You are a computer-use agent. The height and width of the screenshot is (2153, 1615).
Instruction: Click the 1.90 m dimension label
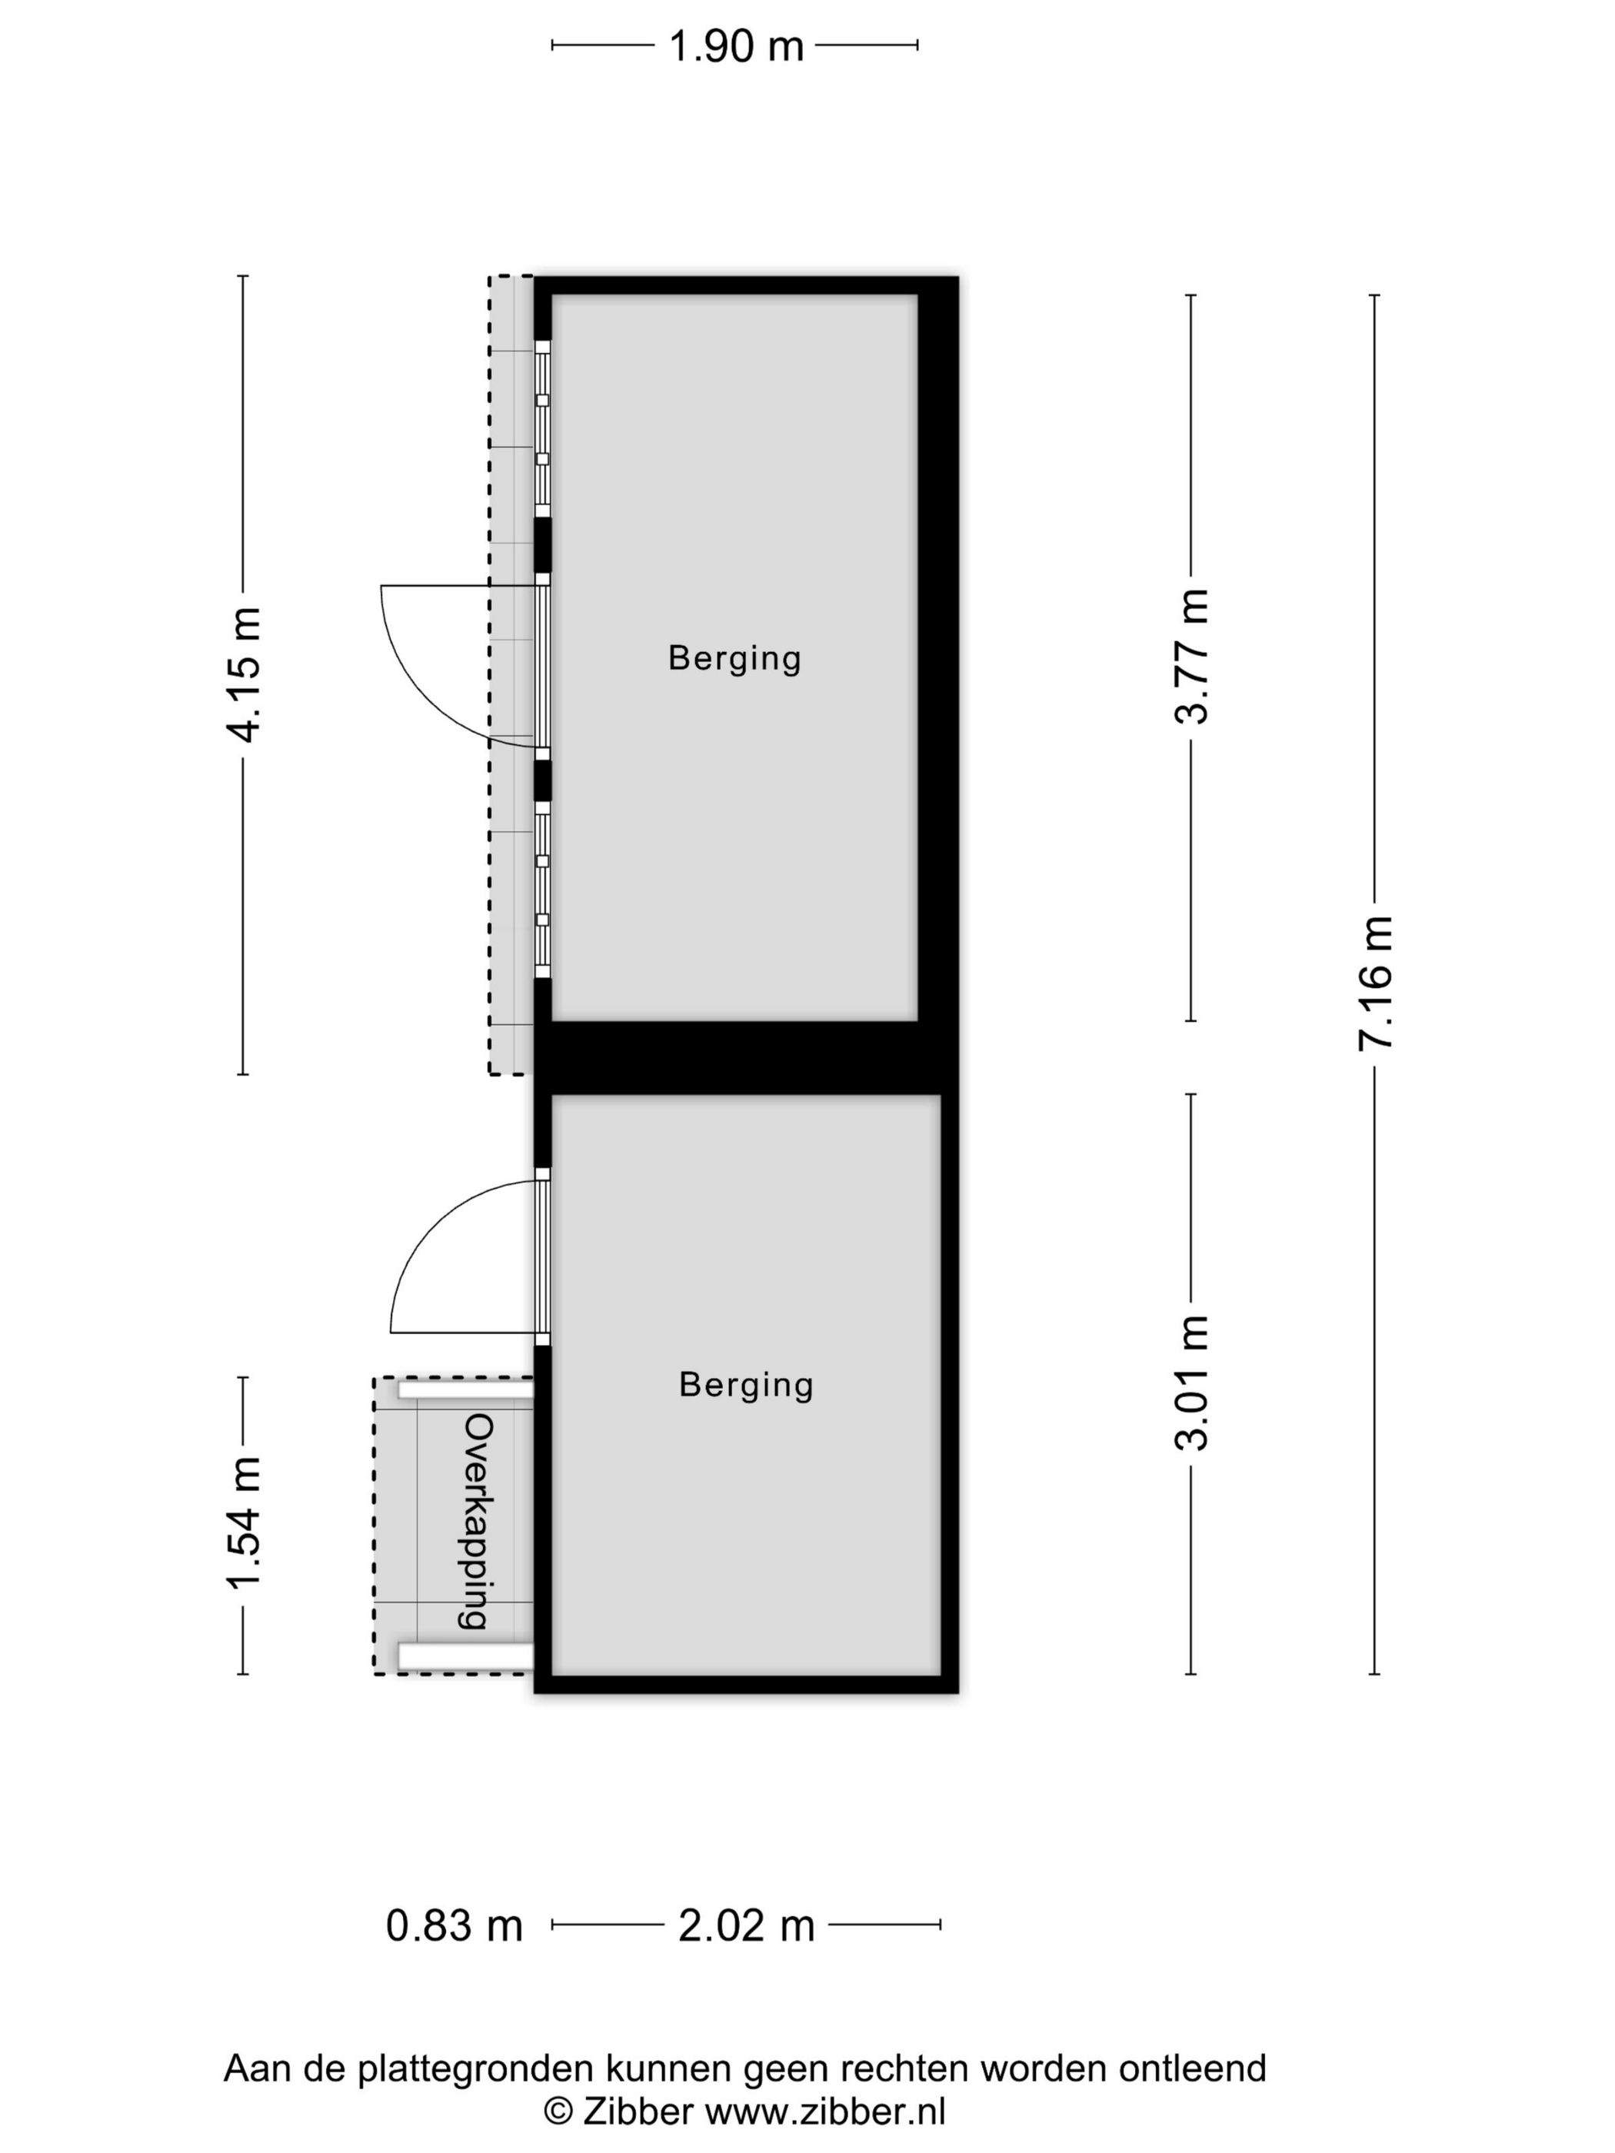pyautogui.click(x=736, y=45)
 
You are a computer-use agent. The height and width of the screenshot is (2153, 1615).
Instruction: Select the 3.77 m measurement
pyautogui.click(x=1191, y=657)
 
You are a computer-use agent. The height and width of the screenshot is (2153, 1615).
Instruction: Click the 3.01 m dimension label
pyautogui.click(x=1191, y=1383)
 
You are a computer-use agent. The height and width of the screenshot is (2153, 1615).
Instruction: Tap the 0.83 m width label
pyautogui.click(x=455, y=1925)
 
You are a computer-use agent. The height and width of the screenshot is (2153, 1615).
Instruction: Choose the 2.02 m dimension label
pyautogui.click(x=746, y=1925)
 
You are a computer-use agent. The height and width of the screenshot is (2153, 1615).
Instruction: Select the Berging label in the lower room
pyautogui.click(x=746, y=1385)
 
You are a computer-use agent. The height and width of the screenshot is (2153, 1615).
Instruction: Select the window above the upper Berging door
pyautogui.click(x=542, y=428)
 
